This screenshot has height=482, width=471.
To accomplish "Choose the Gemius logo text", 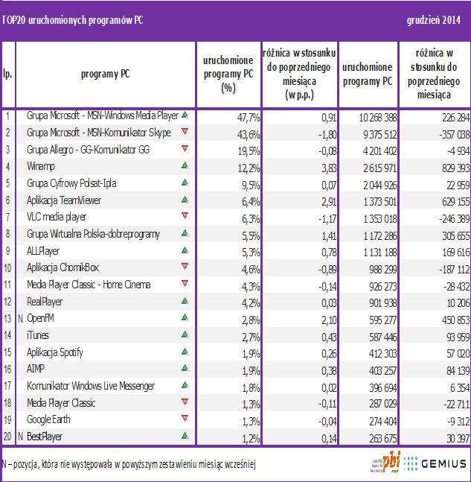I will click(x=442, y=463).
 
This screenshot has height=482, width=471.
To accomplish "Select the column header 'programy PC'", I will click(x=105, y=74).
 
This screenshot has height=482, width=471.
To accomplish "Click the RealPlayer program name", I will click(x=44, y=302).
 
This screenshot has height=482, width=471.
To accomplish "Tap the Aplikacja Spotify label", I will click(x=54, y=352).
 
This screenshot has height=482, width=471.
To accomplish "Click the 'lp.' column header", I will click(x=7, y=74).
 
